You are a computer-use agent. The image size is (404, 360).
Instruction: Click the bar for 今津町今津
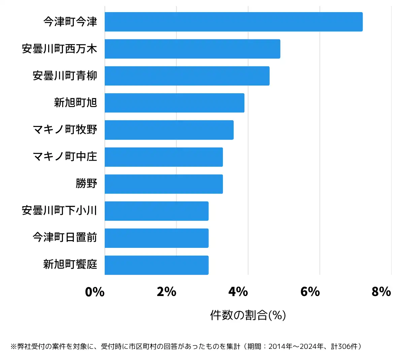pos(233,22)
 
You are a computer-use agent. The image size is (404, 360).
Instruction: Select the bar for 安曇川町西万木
pos(192,49)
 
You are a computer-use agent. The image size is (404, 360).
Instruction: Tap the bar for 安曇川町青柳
pos(187,76)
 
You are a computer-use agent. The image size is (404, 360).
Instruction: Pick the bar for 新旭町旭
pos(174,103)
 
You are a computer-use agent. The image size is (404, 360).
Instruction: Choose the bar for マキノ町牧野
pos(169,130)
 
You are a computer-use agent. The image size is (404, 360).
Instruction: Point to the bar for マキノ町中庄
pos(164,157)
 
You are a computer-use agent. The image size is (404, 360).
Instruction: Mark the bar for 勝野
pos(164,184)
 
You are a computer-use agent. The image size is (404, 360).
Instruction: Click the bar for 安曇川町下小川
pos(157,211)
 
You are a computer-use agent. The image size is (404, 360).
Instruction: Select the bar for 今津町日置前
pos(157,238)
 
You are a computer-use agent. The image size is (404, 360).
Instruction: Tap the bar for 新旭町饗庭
pos(157,265)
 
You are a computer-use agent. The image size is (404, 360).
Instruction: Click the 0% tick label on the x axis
pos(95,292)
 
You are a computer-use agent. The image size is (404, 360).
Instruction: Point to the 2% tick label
pos(166,292)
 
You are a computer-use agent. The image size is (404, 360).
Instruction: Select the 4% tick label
pos(238,292)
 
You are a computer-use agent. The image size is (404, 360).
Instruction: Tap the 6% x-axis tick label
pos(310,292)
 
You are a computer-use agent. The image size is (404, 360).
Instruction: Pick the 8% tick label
pos(381,292)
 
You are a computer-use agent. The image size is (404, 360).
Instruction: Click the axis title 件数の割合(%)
pos(248,315)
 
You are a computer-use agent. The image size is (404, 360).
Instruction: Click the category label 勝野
pos(87,184)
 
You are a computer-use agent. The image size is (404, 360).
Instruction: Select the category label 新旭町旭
pos(75,102)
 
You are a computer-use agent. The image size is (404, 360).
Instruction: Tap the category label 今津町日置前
pos(65,237)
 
